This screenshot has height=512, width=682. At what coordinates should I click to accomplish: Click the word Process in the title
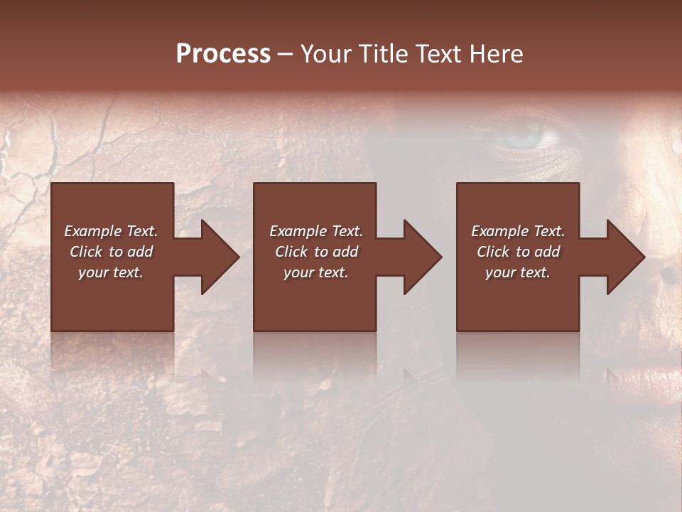pyautogui.click(x=223, y=54)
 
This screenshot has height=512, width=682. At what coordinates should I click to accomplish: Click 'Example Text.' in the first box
pyautogui.click(x=111, y=231)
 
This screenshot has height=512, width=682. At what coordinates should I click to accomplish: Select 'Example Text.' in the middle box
pyautogui.click(x=315, y=231)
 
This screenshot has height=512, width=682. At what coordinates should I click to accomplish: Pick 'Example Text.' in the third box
pyautogui.click(x=518, y=231)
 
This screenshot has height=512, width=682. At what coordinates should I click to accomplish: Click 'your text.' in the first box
pyautogui.click(x=111, y=272)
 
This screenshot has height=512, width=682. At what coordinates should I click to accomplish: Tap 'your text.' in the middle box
pyautogui.click(x=315, y=272)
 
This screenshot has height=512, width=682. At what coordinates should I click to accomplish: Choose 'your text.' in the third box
pyautogui.click(x=518, y=272)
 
